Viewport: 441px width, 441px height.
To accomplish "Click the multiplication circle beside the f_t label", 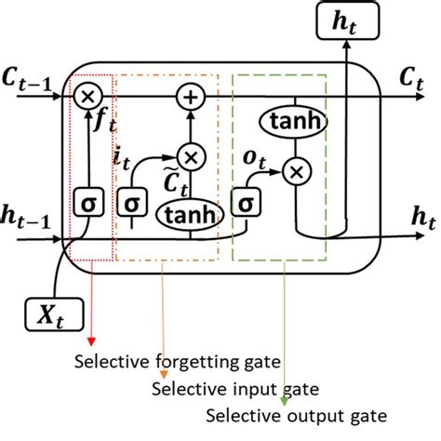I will (89, 95).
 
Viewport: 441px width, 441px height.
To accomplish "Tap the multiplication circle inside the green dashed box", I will (296, 169).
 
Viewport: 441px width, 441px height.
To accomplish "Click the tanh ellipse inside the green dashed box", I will (296, 122).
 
